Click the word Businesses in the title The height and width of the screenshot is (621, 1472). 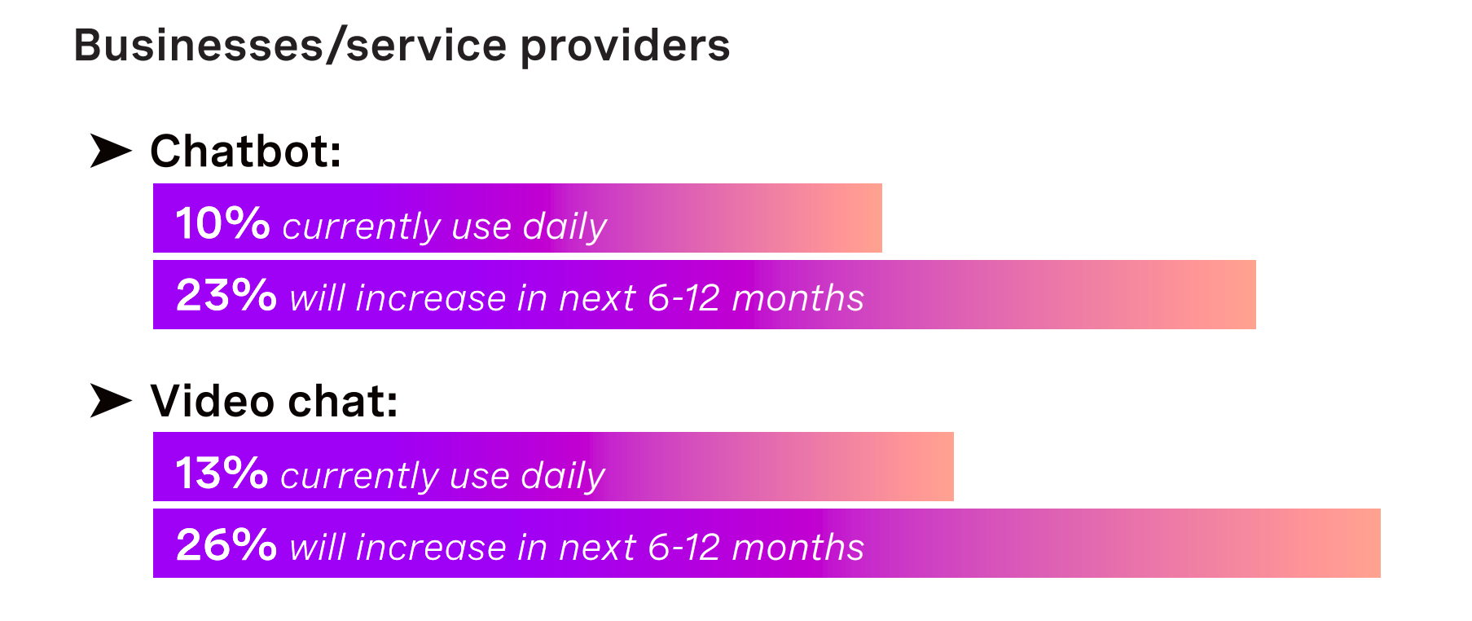click(200, 46)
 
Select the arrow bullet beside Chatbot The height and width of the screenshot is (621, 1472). click(111, 151)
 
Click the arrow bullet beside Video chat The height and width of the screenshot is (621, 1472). click(111, 400)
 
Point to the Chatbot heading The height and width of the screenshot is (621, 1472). click(246, 152)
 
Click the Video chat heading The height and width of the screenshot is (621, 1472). click(275, 401)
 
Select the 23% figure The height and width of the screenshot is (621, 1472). click(226, 295)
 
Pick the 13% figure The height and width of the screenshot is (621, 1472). click(222, 473)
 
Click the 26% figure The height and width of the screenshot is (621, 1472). click(226, 544)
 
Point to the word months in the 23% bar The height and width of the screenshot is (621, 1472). click(798, 298)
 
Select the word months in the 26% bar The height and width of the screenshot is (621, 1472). click(798, 548)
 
